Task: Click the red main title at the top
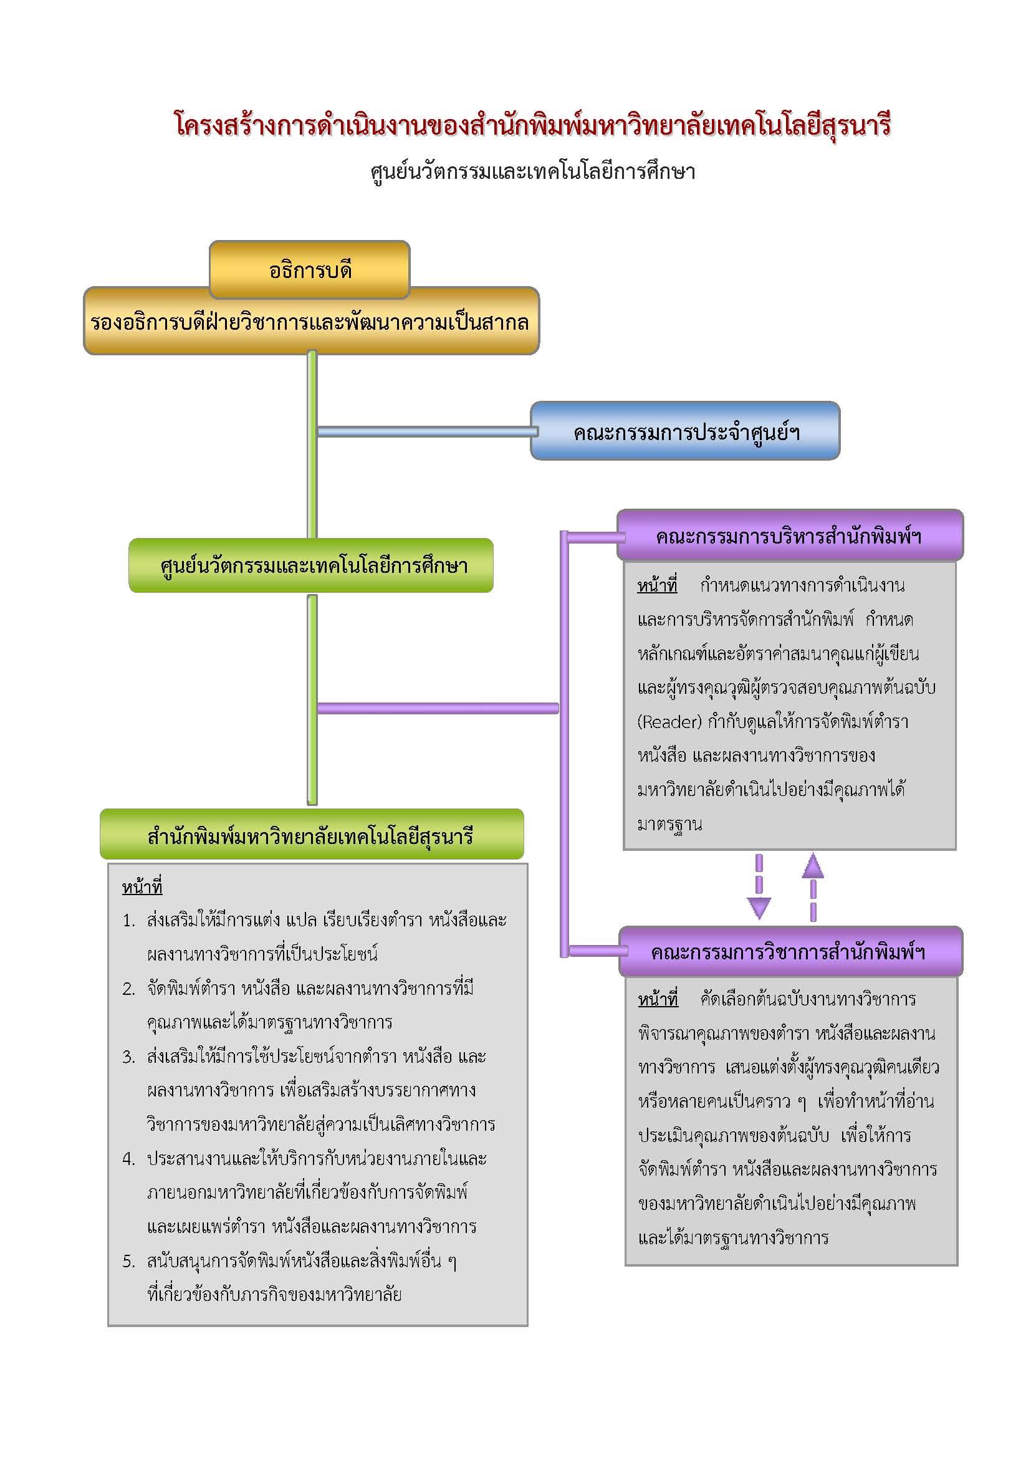532,125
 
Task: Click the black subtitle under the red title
532,171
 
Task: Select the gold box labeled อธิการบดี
309,270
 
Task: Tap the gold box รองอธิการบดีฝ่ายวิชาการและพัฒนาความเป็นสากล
310,323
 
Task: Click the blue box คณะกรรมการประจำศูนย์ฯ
685,432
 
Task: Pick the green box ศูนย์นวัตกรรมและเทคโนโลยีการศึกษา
311,566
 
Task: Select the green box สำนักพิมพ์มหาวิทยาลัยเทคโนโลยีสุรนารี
311,836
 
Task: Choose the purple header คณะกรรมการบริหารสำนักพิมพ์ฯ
789,536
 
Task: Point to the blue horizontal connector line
425,432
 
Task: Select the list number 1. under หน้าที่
129,921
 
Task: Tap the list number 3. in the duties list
129,1057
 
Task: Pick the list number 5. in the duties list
129,1261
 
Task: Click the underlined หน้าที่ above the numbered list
142,886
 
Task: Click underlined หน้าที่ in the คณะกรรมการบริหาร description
657,585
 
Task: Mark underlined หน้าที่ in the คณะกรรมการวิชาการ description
658,999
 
